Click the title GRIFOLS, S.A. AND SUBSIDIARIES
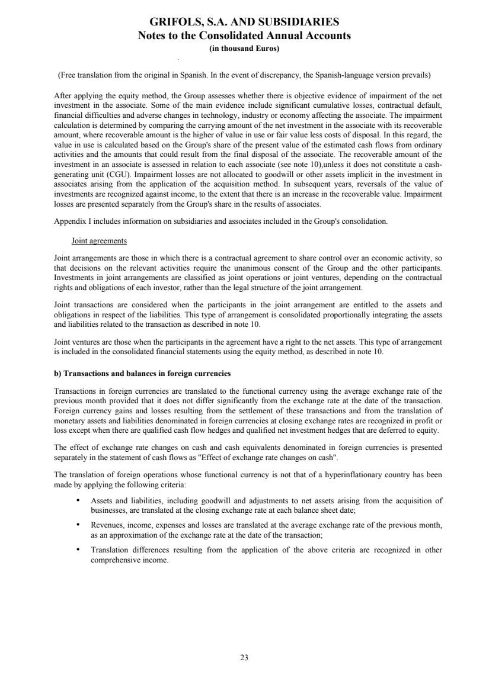pyautogui.click(x=244, y=23)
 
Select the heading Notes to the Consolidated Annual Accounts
pyautogui.click(x=244, y=36)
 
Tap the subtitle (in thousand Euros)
pyautogui.click(x=244, y=49)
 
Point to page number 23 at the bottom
pyautogui.click(x=244, y=657)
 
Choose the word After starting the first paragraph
pyautogui.click(x=62, y=95)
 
